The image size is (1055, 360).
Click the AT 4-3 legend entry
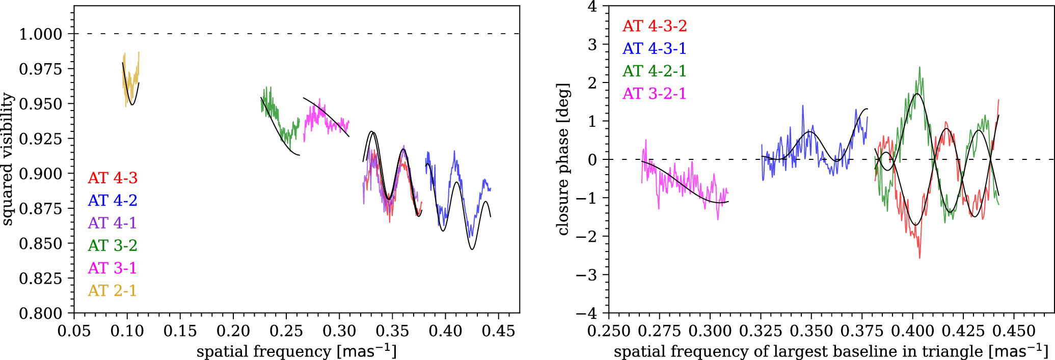click(113, 178)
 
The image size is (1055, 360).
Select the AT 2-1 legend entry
click(113, 290)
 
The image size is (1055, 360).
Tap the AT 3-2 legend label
click(113, 245)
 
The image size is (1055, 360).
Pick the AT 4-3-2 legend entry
click(655, 26)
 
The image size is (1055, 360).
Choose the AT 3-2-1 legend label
click(655, 94)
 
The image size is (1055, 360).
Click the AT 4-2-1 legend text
click(655, 71)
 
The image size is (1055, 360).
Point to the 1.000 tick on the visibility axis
click(41, 34)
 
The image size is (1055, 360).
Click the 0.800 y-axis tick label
click(41, 313)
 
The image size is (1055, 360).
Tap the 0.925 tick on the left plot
click(41, 139)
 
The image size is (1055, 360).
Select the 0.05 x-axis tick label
click(74, 331)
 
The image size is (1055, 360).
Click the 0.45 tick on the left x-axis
click(498, 331)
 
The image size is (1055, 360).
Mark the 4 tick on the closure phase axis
click(592, 6)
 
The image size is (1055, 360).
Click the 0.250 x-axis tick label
click(609, 331)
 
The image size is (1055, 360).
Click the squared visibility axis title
click(7, 159)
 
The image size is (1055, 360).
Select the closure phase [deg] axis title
click(563, 159)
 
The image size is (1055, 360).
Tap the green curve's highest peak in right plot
click(919, 67)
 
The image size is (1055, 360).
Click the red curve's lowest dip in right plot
click(919, 258)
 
